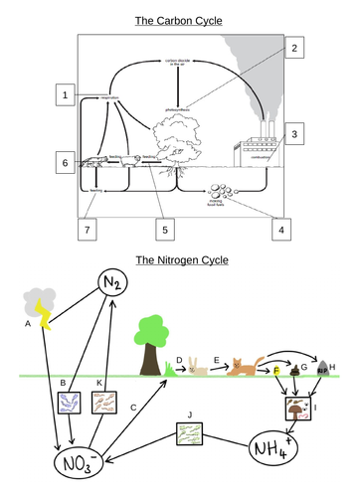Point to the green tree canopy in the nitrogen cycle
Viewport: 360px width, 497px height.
point(152,330)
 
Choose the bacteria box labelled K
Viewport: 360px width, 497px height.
point(104,401)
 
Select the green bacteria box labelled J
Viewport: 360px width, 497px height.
point(188,433)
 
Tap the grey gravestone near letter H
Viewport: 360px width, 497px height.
point(322,367)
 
